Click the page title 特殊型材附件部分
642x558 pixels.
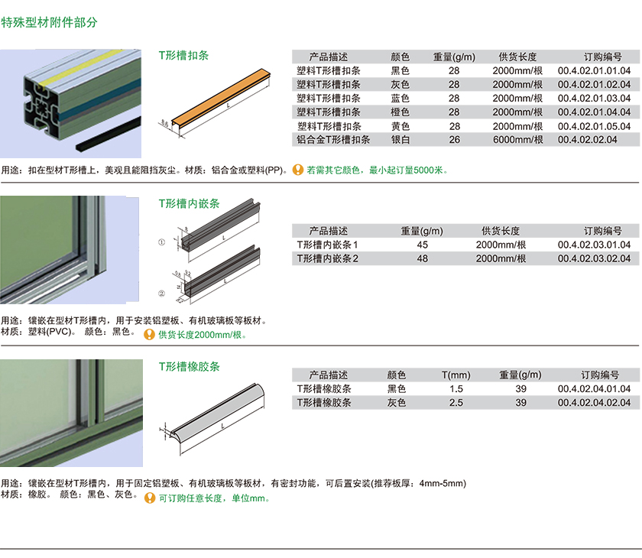49,22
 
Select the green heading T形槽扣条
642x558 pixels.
184,55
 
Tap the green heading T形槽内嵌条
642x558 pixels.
190,203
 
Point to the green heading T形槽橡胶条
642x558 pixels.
190,366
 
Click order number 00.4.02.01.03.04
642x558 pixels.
594,99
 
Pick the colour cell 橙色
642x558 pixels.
400,112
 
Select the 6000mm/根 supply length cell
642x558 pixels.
518,140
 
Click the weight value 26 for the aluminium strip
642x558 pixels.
455,140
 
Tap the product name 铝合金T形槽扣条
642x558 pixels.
333,140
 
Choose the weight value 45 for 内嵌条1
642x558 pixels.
422,245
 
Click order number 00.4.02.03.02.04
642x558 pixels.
594,258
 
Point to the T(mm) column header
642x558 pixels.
456,375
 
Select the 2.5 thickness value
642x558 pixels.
456,403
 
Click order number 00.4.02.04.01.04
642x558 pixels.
594,389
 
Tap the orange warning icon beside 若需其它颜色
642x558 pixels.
297,170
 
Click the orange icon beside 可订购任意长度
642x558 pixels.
150,498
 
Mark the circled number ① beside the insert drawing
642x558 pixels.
162,242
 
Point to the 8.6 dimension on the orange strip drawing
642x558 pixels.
164,122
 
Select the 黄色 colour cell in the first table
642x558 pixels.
400,126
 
